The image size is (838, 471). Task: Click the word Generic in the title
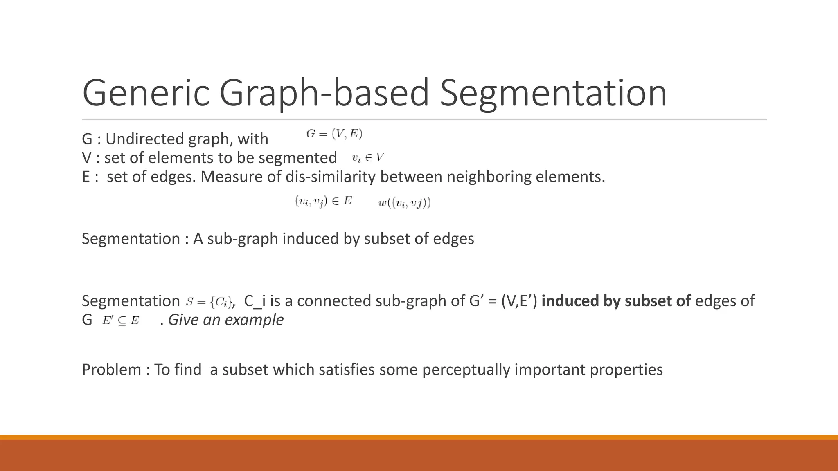(146, 93)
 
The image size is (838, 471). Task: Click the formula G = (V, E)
(334, 134)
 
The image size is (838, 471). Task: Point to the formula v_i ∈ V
(368, 157)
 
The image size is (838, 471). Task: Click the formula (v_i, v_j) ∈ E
(323, 201)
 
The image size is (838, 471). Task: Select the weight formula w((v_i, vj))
(404, 203)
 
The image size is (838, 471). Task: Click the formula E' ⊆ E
(121, 321)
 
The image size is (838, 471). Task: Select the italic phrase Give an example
(225, 320)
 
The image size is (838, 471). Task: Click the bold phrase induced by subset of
(616, 301)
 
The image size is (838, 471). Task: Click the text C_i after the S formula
(255, 301)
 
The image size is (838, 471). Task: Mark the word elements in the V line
(181, 158)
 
